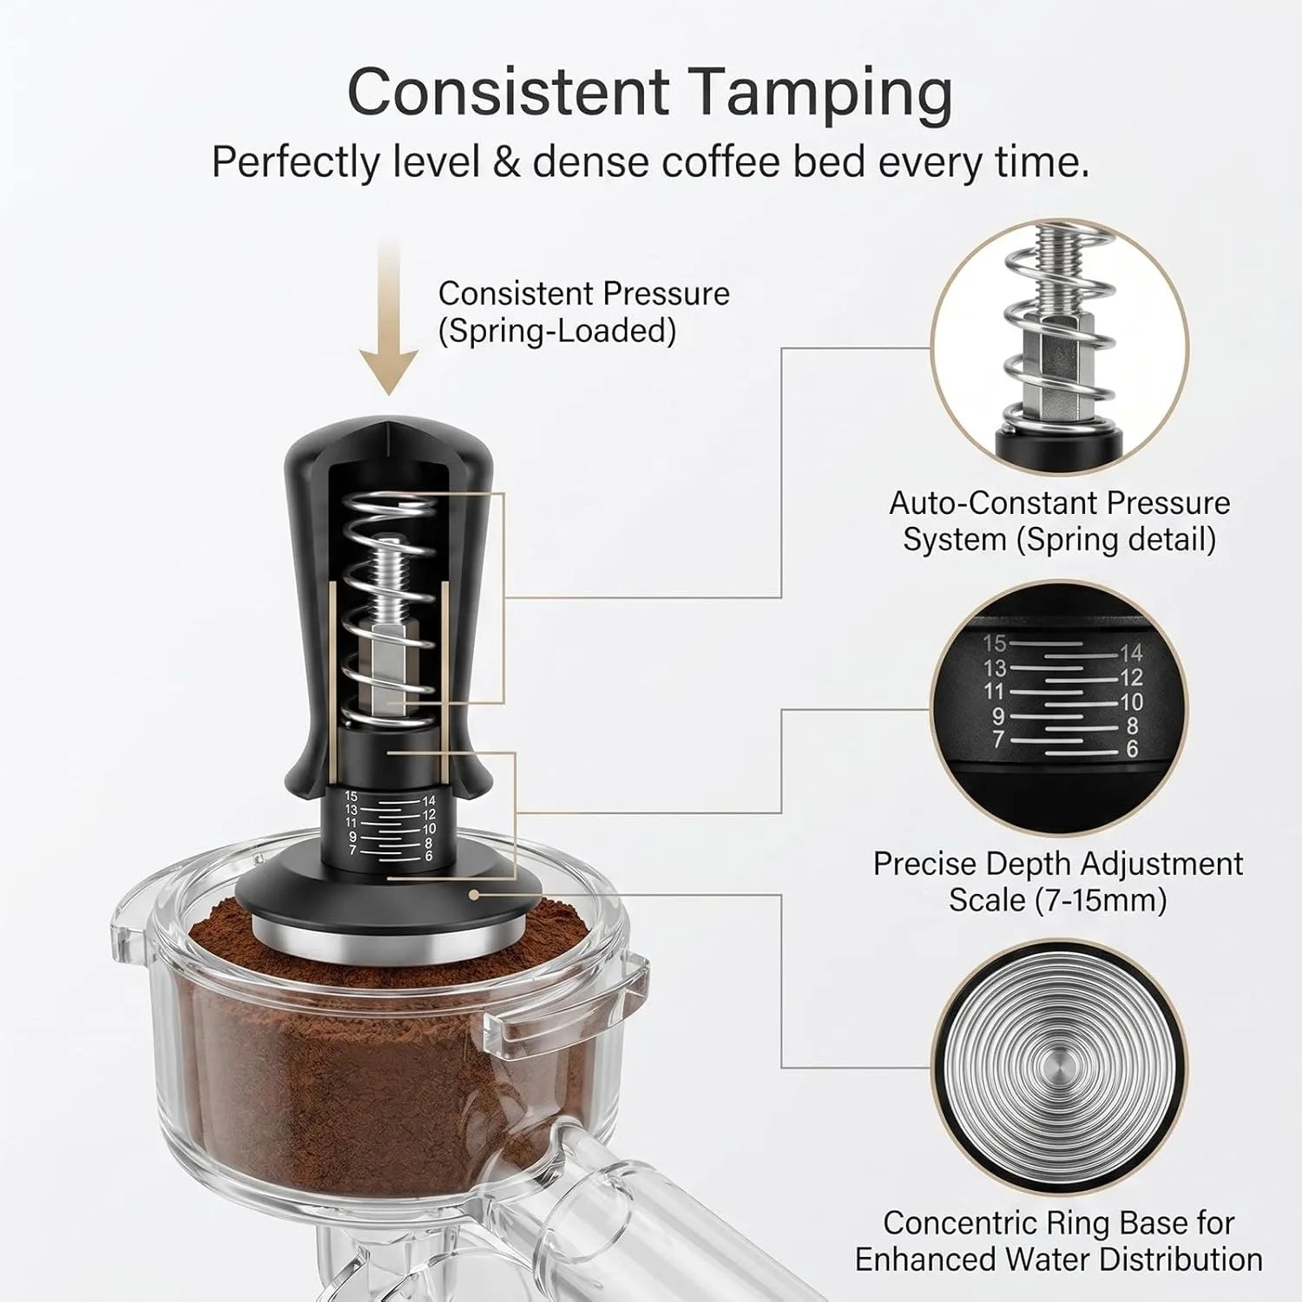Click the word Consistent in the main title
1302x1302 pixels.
click(x=509, y=89)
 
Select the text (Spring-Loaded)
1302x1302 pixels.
click(x=557, y=332)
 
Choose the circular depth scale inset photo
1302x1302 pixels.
click(x=1059, y=710)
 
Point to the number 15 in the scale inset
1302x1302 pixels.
click(x=995, y=643)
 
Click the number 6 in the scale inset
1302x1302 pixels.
click(x=1132, y=748)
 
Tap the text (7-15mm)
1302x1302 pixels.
click(x=1101, y=900)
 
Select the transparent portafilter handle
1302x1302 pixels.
click(x=599, y=1215)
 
